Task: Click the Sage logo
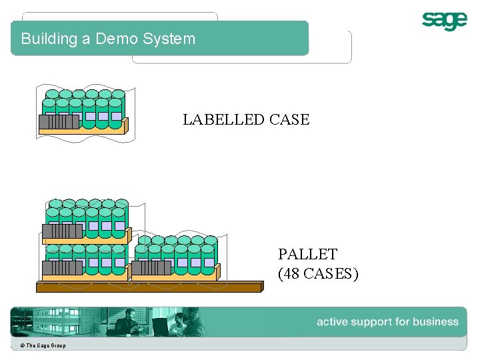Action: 444,21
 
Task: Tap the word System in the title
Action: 169,39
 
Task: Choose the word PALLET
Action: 307,254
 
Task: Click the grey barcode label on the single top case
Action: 59,122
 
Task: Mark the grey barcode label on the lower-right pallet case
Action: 151,268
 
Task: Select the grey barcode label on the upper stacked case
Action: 63,231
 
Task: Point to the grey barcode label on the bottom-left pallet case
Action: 62,268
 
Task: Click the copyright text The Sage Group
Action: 43,345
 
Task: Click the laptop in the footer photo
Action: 159,326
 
